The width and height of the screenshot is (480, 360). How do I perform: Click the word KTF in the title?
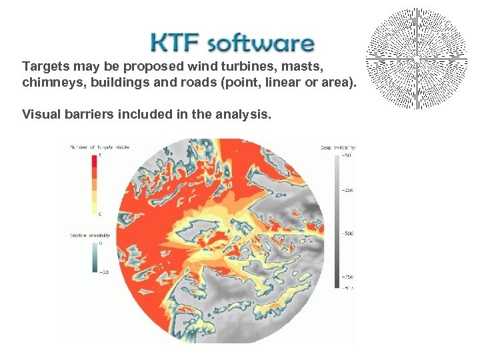click(175, 43)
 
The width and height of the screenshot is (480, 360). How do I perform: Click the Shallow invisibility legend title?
click(91, 235)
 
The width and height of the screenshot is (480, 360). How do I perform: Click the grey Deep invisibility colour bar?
click(337, 220)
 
